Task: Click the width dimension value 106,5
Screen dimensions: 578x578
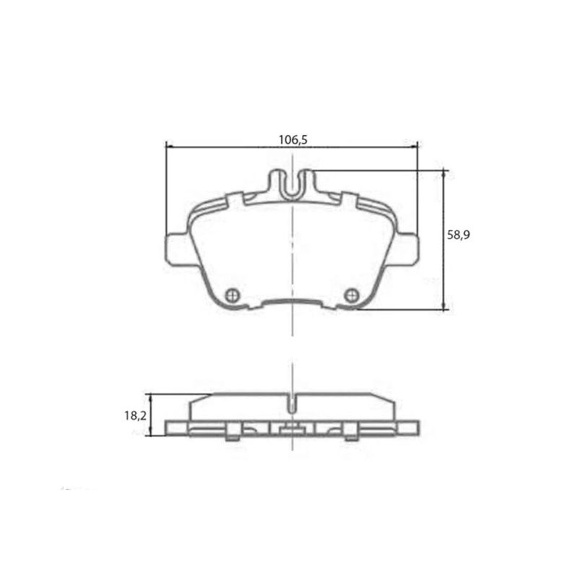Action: (x=293, y=140)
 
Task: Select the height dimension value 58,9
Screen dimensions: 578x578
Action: (x=460, y=235)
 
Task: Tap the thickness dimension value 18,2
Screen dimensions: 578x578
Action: (x=136, y=415)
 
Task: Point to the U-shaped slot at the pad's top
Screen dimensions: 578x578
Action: (x=292, y=186)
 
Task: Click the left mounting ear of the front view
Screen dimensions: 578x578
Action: (x=177, y=250)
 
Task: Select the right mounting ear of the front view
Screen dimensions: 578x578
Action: (x=406, y=250)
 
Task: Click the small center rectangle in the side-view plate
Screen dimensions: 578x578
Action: (x=291, y=431)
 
